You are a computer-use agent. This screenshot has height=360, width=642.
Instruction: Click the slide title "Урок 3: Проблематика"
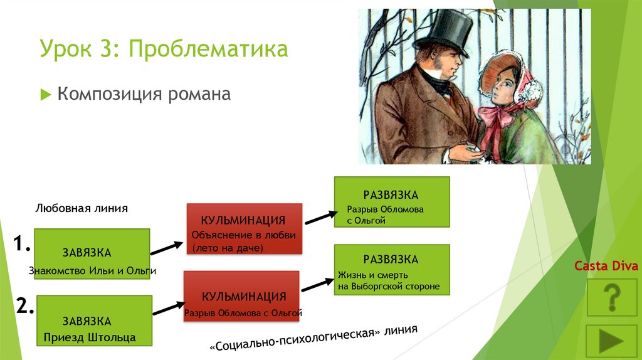point(164,49)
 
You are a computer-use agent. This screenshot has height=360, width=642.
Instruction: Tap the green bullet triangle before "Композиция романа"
point(45,95)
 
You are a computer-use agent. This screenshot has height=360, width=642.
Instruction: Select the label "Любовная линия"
point(82,208)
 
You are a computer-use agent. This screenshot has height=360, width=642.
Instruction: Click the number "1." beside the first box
point(22,244)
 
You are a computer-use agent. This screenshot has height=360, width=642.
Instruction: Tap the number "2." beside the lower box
point(24,305)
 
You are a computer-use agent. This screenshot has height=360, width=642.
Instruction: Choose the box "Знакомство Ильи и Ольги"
point(92,254)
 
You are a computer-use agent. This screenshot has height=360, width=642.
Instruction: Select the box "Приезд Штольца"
point(95,320)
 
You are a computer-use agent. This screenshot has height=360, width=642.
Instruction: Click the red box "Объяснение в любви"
point(245,229)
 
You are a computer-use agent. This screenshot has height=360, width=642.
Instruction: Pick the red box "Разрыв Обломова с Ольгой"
point(241,296)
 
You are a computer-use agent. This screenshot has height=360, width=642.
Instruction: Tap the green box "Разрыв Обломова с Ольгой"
point(392,202)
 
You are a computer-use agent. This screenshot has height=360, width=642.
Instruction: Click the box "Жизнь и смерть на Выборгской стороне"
point(392,270)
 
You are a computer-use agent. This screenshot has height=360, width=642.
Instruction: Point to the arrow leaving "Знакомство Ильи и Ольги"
point(167,248)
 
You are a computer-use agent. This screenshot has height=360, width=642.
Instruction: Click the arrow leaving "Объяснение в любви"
point(322,218)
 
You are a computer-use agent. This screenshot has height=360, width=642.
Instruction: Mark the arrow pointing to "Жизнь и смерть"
point(318,285)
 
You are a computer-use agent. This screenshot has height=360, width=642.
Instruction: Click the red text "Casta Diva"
point(606,266)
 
